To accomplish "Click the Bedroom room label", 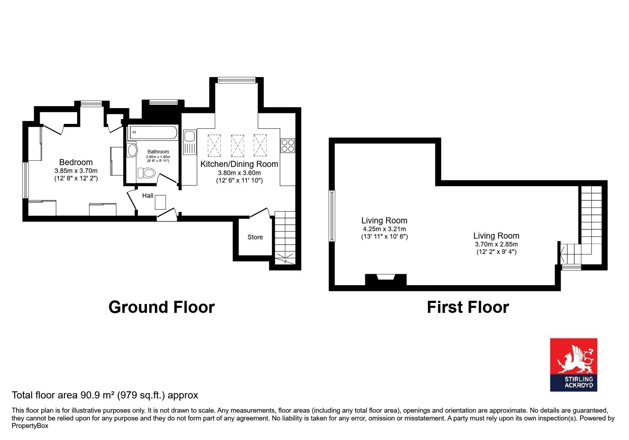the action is [x=76, y=162].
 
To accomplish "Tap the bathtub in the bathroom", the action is [x=153, y=132].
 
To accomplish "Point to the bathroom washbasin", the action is [x=132, y=150].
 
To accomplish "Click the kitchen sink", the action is [x=189, y=142].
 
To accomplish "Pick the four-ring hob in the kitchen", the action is [x=288, y=145].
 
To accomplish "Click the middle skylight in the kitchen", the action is [x=237, y=145].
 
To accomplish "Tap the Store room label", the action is [x=255, y=237].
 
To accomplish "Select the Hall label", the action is [x=148, y=196].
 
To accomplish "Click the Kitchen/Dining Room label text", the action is [x=239, y=164].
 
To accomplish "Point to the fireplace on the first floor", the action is [x=386, y=279].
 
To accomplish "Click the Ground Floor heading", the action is [x=162, y=307].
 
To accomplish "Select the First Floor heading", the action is [x=468, y=307].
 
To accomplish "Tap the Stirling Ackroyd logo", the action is [x=574, y=365].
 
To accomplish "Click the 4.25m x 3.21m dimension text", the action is [x=384, y=229].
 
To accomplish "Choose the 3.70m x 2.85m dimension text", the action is [x=497, y=244].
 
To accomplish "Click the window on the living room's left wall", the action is [x=332, y=216].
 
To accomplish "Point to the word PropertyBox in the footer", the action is [x=30, y=426].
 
